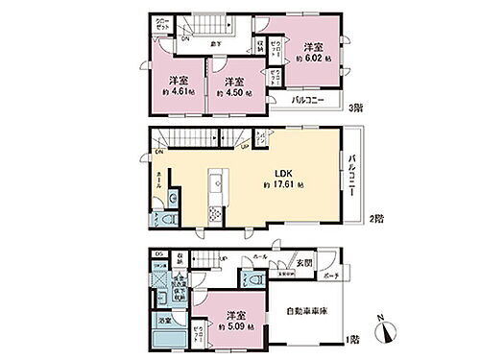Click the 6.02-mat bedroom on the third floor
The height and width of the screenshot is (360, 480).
312,53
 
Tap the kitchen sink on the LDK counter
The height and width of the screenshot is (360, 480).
216,179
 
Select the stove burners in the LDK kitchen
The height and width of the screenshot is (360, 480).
216,202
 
